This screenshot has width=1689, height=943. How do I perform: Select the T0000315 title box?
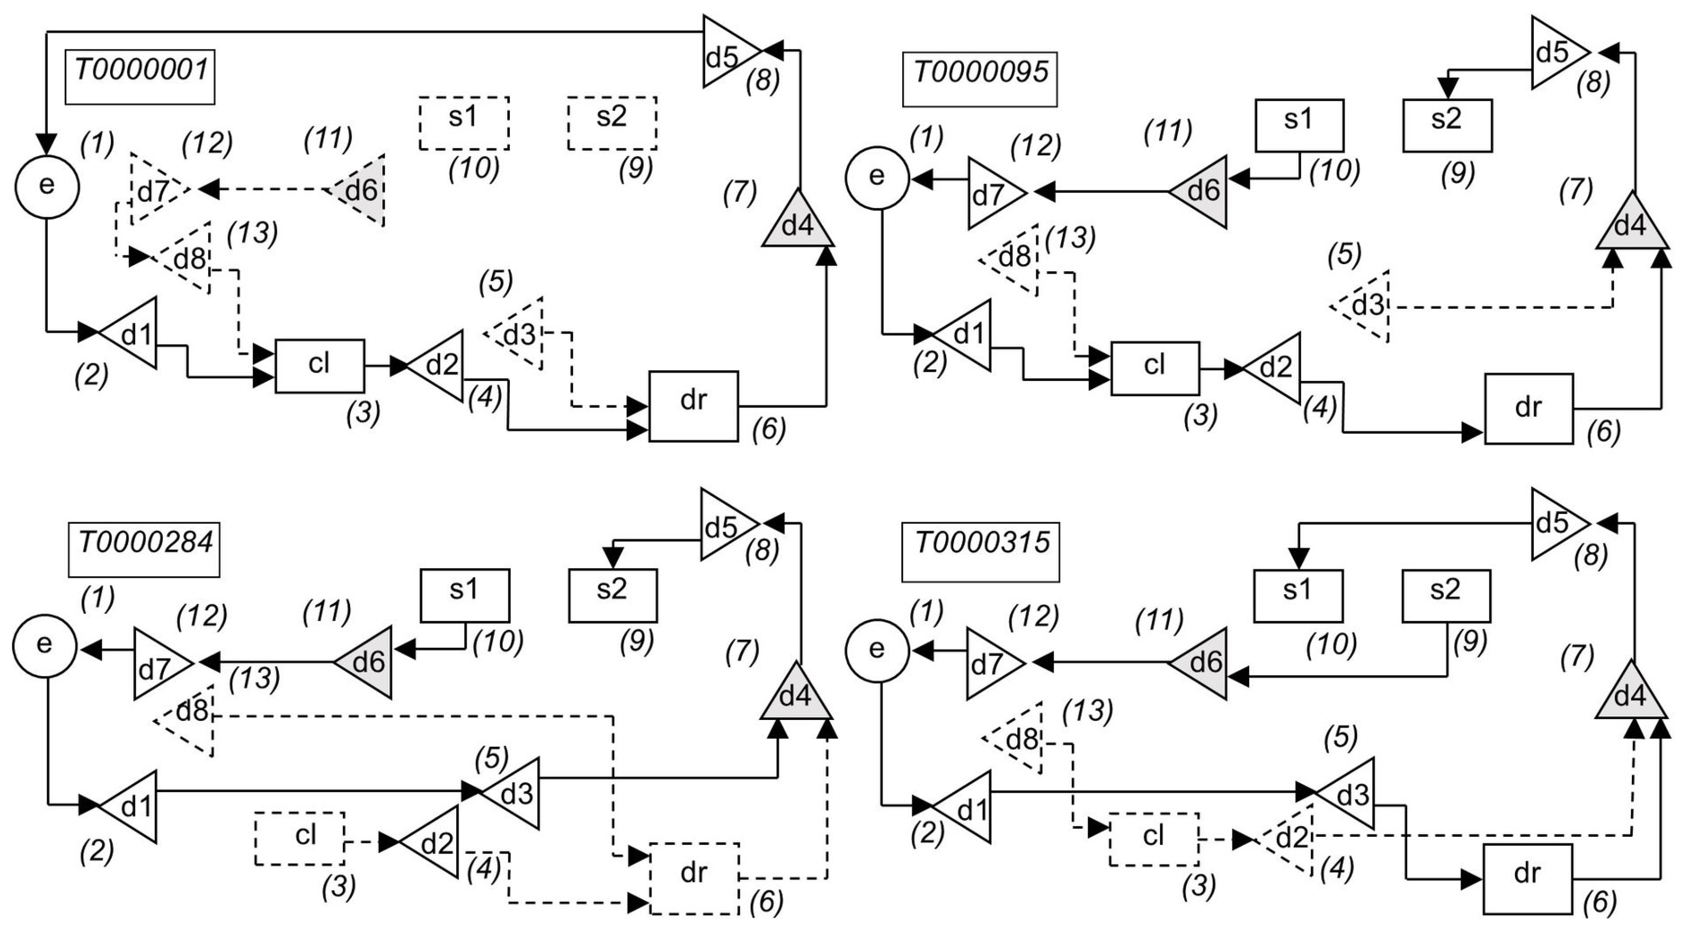[x=980, y=551]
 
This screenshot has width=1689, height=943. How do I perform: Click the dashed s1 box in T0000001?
[x=464, y=123]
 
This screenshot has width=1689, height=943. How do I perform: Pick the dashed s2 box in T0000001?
[x=612, y=123]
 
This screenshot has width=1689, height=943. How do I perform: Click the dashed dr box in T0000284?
[x=694, y=878]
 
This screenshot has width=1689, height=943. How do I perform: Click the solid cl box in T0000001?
[x=319, y=366]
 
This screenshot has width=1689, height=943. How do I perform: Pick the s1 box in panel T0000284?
[x=464, y=595]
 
